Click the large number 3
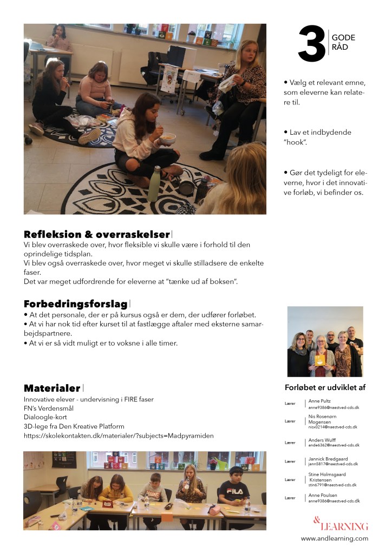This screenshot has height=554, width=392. click(x=312, y=44)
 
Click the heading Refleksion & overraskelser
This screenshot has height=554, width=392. click(x=96, y=234)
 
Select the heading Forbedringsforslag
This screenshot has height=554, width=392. click(x=76, y=304)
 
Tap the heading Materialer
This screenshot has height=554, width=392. click(x=52, y=388)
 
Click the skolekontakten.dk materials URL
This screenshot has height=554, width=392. click(x=119, y=436)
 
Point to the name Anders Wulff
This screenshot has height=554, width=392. click(x=323, y=439)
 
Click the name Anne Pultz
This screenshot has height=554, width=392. click(x=319, y=401)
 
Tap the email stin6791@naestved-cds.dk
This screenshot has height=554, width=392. click(x=332, y=485)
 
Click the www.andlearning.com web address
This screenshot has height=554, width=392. click(x=335, y=538)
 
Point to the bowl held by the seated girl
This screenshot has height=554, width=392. click(x=168, y=138)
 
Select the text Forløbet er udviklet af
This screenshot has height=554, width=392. click(x=325, y=387)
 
